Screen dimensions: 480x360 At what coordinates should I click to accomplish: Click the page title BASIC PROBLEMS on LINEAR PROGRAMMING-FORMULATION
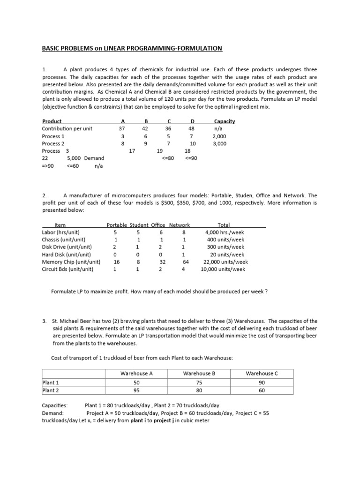point(132,49)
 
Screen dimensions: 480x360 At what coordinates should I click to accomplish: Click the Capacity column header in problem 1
point(224,121)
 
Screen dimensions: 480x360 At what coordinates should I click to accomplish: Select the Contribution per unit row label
point(67,128)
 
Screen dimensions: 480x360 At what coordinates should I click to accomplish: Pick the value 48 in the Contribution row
point(191,128)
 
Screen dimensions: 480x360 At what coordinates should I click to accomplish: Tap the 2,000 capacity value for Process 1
point(219,136)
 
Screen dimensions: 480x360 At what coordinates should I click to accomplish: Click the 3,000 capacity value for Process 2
point(219,143)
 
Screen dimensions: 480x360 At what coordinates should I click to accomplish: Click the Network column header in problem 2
point(180,225)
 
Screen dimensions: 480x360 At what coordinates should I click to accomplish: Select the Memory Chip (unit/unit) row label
point(71,262)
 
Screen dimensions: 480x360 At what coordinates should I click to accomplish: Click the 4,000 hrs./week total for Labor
point(225,232)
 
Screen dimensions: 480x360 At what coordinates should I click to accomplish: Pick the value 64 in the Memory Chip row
point(186,262)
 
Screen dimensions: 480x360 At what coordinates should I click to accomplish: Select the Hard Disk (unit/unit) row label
point(67,255)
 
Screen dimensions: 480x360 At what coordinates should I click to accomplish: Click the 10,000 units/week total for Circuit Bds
point(223,270)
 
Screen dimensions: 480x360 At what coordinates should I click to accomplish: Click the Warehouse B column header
point(199,374)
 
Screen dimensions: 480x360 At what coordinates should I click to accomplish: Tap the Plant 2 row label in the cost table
point(51,390)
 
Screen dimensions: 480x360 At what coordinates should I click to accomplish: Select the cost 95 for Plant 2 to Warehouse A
point(136,390)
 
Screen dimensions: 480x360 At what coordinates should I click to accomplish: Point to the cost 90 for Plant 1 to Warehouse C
point(262,382)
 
